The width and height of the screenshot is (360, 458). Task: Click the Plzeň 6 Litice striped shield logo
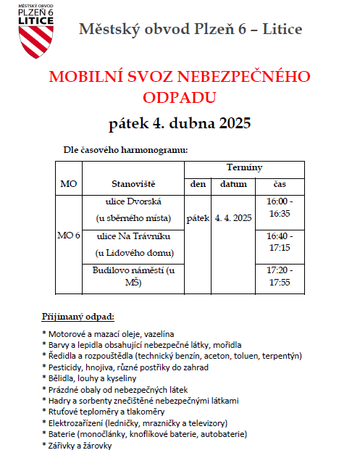pos(35,40)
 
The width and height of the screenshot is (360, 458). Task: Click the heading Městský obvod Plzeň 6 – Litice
pos(191,30)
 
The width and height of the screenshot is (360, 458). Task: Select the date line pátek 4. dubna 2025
pos(180,122)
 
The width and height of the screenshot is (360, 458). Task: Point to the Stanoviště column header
pos(134,184)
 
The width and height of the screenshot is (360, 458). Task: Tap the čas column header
pos(279,184)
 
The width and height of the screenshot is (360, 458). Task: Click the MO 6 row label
pos(69,236)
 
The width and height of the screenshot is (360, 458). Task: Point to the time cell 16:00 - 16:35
pos(279,207)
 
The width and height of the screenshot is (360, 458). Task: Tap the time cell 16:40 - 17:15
pos(279,242)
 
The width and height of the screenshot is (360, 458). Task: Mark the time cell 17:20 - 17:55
pos(279,276)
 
